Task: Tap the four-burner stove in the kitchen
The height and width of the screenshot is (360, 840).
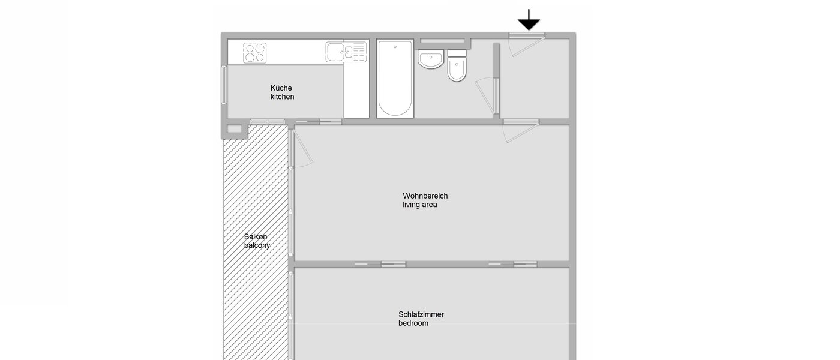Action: coord(254,52)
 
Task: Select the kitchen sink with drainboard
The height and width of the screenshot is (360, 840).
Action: coord(346,52)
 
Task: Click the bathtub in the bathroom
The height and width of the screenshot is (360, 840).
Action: coord(395,78)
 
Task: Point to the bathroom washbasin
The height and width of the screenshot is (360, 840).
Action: coord(430,59)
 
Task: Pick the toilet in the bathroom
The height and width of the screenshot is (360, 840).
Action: coord(457,67)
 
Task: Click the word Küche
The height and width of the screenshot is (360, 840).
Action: coord(281,88)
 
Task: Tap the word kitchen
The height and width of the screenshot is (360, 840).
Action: coord(282,97)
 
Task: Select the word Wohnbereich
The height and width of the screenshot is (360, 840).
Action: coord(425,196)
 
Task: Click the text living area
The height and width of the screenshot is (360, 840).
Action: coord(419,205)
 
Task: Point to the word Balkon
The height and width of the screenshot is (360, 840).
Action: coord(256,237)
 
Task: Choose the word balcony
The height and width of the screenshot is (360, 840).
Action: coord(257,245)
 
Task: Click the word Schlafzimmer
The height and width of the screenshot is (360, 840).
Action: coord(421,314)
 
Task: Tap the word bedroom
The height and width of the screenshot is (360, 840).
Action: coord(413,323)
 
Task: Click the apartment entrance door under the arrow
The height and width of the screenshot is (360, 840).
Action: coord(526,44)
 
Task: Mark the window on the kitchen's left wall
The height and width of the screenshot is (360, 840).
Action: coord(224,84)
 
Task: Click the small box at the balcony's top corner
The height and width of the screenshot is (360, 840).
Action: coord(233,128)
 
